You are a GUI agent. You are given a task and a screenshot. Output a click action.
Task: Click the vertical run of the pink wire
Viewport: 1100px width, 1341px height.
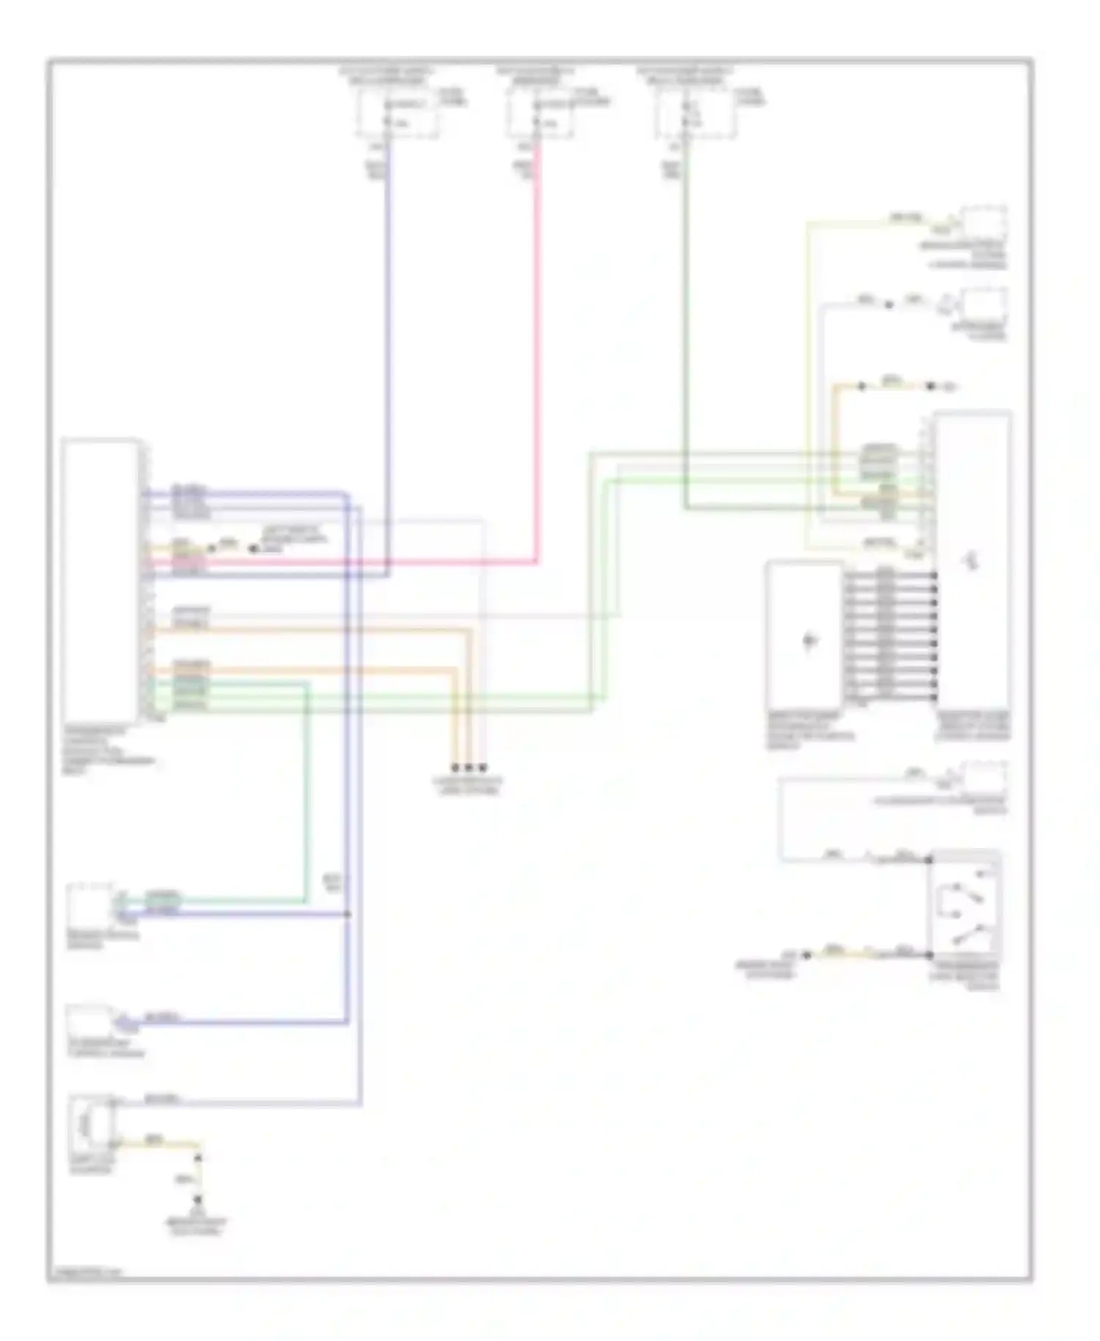pyautogui.click(x=538, y=352)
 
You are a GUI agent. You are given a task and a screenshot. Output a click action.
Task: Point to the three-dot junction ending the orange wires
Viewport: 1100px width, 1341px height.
pyautogui.click(x=469, y=767)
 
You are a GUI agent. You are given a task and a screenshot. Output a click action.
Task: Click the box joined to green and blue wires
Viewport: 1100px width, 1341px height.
pyautogui.click(x=89, y=903)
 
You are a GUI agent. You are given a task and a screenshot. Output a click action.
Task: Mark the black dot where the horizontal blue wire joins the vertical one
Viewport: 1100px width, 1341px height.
pyautogui.click(x=347, y=914)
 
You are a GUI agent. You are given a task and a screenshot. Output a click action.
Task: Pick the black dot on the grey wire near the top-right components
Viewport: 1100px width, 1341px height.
pyautogui.click(x=889, y=304)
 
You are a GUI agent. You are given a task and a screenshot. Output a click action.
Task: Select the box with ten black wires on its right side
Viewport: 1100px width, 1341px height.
pyautogui.click(x=804, y=635)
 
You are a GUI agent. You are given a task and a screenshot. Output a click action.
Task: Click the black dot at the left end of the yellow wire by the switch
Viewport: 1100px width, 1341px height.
pyautogui.click(x=807, y=954)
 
